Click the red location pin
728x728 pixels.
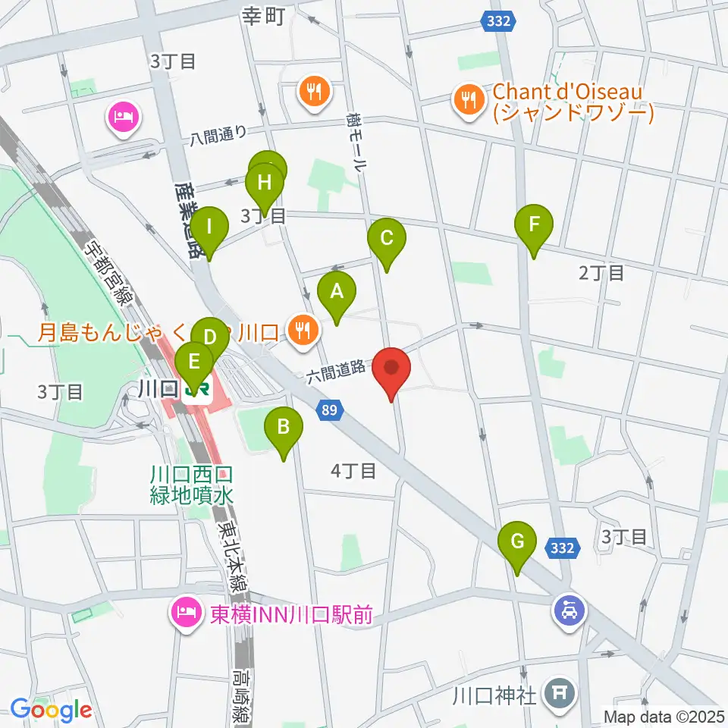coord(392,370)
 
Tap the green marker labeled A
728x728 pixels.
coord(337,292)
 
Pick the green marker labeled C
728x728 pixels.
coord(386,239)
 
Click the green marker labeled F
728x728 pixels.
coord(535,226)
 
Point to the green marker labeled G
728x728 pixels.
coord(517,544)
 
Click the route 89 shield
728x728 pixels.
coord(329,410)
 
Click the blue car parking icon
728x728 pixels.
coord(570,607)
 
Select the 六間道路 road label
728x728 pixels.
coord(337,372)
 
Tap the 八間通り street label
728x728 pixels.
coord(218,135)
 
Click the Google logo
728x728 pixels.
coord(52,710)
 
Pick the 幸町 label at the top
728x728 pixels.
coord(263,15)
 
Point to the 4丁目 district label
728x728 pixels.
coord(353,471)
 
